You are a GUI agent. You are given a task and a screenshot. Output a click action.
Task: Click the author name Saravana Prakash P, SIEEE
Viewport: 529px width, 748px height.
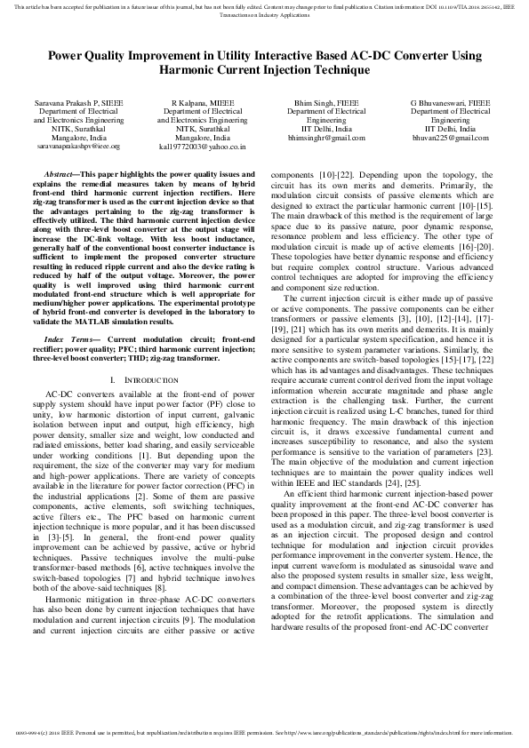(78, 103)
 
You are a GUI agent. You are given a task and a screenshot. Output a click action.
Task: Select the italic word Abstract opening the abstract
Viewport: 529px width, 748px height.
(59, 175)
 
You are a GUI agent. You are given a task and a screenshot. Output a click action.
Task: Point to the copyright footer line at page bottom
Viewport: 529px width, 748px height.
(264, 733)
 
